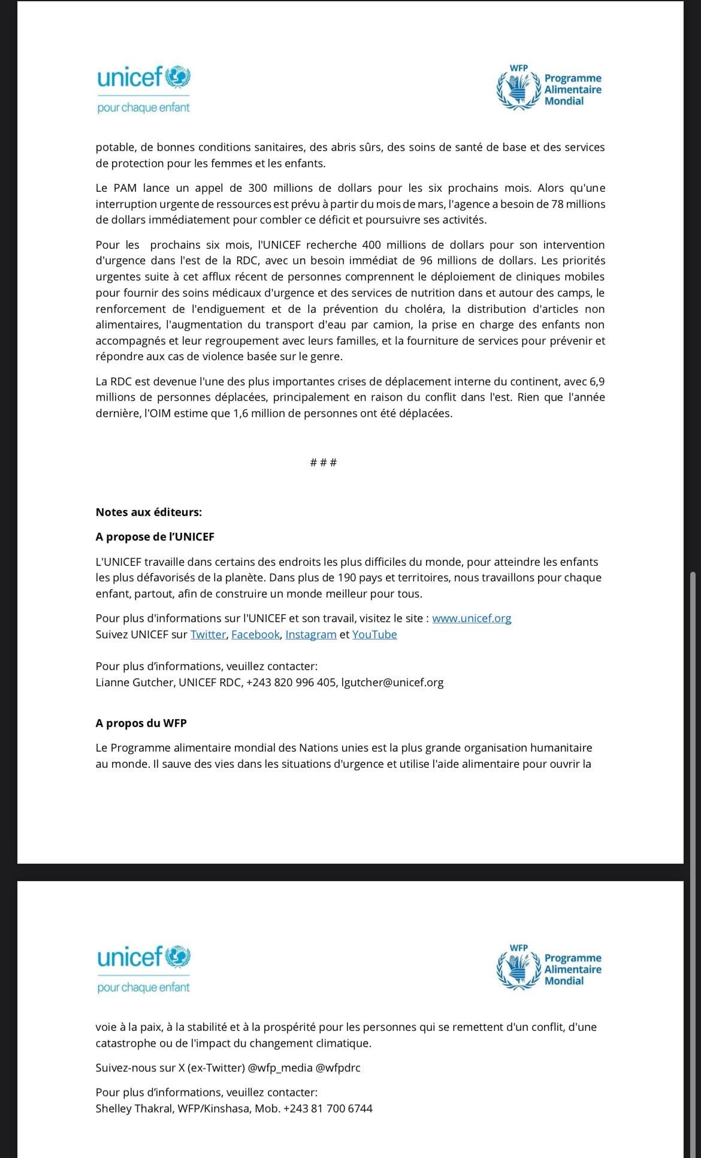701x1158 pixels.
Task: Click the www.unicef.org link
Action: pos(472,618)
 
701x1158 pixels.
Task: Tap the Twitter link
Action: pos(208,634)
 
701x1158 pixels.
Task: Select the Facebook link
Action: pos(255,634)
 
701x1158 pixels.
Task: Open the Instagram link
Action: pos(310,634)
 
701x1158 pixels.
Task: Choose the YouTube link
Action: pos(374,634)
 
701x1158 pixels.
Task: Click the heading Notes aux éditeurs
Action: pos(149,512)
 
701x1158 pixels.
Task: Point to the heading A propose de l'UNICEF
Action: pos(155,536)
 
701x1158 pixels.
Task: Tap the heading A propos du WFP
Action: pos(141,723)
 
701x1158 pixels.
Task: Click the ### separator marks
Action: pos(324,462)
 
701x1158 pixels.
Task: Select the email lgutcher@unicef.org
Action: pos(392,682)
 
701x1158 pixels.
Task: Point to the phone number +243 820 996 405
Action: pos(291,682)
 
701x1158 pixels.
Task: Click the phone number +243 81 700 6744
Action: pos(328,1108)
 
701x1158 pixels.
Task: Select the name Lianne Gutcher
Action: pos(134,682)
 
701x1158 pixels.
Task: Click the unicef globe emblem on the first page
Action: pos(177,77)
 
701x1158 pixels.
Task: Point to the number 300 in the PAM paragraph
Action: pos(258,188)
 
